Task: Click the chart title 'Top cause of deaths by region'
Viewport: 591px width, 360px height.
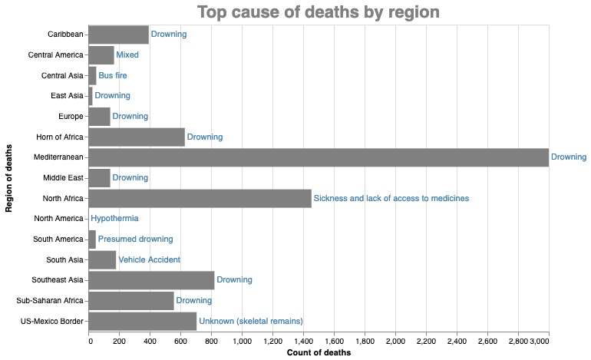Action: click(x=319, y=12)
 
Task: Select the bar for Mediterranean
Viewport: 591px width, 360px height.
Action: click(x=319, y=157)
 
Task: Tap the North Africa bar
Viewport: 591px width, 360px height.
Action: click(x=200, y=198)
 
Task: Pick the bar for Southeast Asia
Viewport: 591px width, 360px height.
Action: click(x=151, y=280)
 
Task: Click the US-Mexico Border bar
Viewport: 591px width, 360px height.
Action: click(x=143, y=321)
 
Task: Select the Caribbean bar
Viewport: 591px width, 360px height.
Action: click(x=119, y=35)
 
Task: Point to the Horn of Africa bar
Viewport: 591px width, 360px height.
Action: click(x=137, y=137)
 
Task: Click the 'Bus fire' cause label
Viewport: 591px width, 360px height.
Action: click(x=113, y=75)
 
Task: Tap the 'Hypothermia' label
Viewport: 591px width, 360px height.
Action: click(x=114, y=218)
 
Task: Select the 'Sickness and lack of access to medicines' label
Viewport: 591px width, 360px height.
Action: click(x=391, y=198)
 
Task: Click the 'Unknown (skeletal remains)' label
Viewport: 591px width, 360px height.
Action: click(x=251, y=321)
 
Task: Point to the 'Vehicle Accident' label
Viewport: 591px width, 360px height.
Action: click(x=149, y=259)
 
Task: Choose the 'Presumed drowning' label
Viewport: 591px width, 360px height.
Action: click(x=135, y=239)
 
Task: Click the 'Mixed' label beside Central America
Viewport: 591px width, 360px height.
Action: click(x=127, y=54)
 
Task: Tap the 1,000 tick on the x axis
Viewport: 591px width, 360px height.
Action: click(x=242, y=342)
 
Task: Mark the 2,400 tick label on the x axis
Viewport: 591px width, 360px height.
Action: click(x=457, y=342)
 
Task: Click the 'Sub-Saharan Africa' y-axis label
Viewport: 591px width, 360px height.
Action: click(x=50, y=300)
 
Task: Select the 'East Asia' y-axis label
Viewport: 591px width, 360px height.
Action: click(x=67, y=96)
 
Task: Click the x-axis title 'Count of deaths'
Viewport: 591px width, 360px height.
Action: click(x=319, y=352)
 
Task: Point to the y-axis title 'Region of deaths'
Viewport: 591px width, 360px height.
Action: click(x=8, y=178)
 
